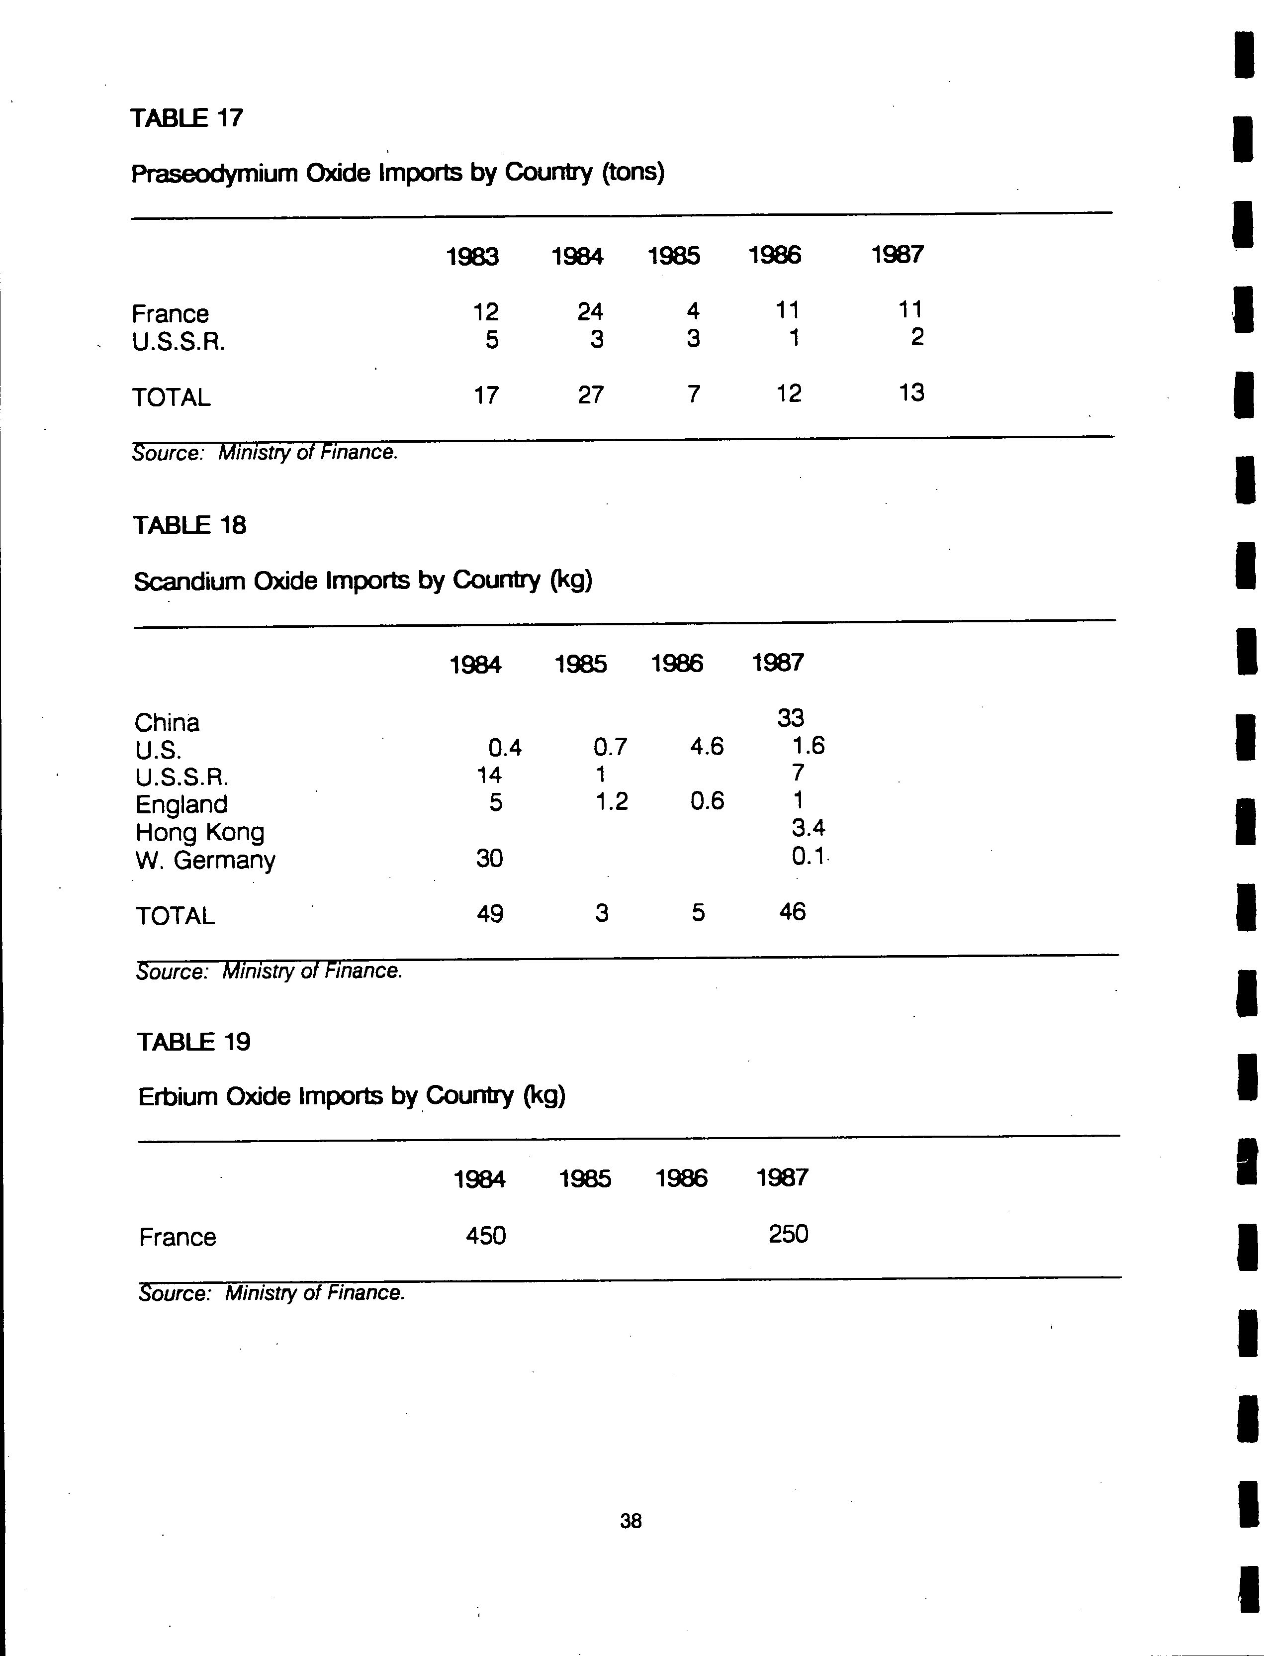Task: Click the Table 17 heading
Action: pyautogui.click(x=187, y=118)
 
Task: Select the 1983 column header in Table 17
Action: pyautogui.click(x=472, y=257)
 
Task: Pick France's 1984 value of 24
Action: pyautogui.click(x=590, y=310)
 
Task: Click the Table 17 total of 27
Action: pyautogui.click(x=590, y=394)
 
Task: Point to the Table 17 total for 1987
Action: pyautogui.click(x=911, y=392)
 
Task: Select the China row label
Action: pyautogui.click(x=167, y=723)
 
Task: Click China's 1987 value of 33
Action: pyautogui.click(x=791, y=718)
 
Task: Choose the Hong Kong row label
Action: pyautogui.click(x=200, y=832)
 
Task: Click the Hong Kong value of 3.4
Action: pyautogui.click(x=808, y=828)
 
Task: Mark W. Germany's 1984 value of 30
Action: pyautogui.click(x=489, y=858)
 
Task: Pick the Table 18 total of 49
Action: pyautogui.click(x=489, y=914)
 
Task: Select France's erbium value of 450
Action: pyautogui.click(x=485, y=1235)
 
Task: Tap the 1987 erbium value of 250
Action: pyautogui.click(x=788, y=1234)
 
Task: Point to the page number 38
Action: pyautogui.click(x=631, y=1521)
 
